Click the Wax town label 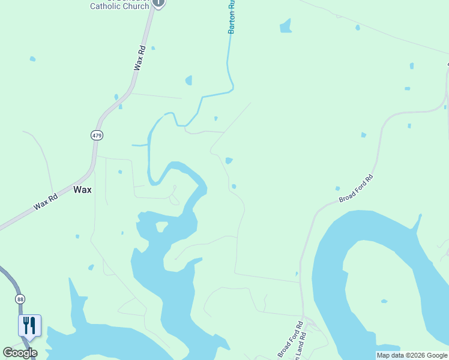pyautogui.click(x=82, y=189)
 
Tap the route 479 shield pyautogui.click(x=97, y=135)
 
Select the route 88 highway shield pyautogui.click(x=20, y=299)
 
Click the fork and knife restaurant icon pyautogui.click(x=29, y=325)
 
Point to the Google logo pyautogui.click(x=20, y=353)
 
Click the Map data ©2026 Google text pyautogui.click(x=412, y=355)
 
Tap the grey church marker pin pyautogui.click(x=158, y=2)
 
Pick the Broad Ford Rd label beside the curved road pyautogui.click(x=356, y=188)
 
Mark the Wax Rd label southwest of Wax pyautogui.click(x=46, y=200)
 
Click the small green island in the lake pyautogui.click(x=161, y=226)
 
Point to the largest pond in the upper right pyautogui.click(x=286, y=26)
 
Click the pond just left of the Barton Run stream pyautogui.click(x=189, y=80)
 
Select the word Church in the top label pyautogui.click(x=136, y=7)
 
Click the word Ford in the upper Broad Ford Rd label pyautogui.click(x=358, y=187)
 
